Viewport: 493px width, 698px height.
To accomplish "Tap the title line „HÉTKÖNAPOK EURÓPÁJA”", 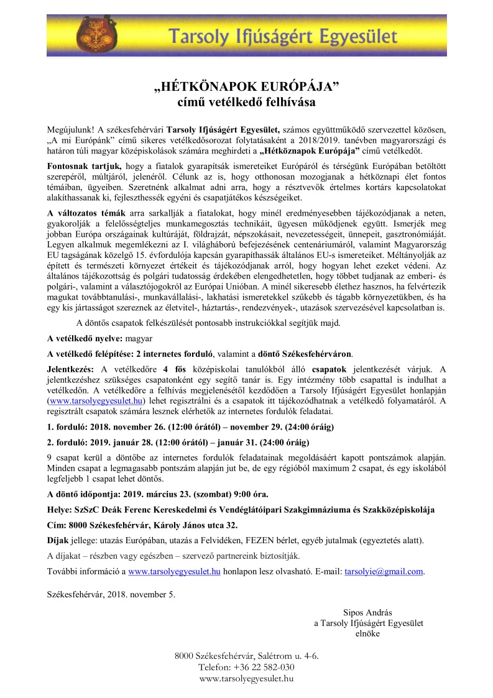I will tap(246, 85).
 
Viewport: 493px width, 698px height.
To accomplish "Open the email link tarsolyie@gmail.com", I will tap(384, 571).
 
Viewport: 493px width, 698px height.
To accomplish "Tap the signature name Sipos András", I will tap(367, 612).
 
